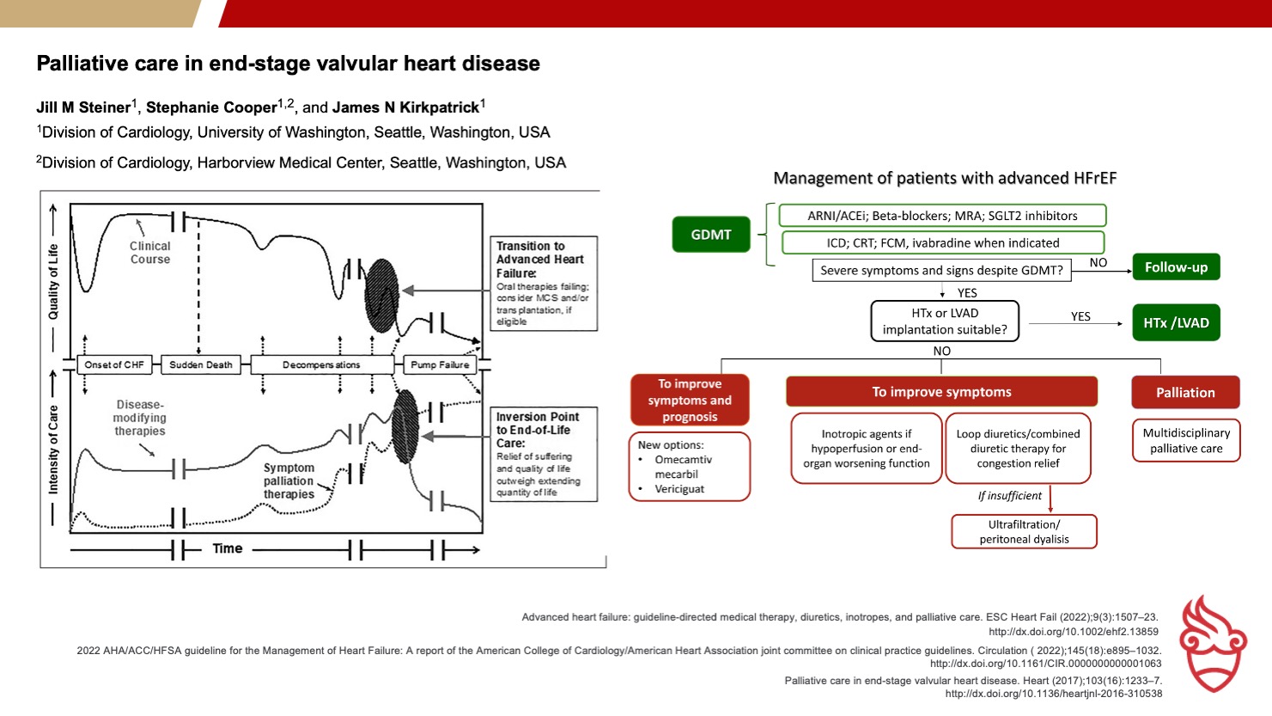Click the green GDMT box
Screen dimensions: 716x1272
coord(711,235)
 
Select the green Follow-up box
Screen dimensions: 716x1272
coord(1176,267)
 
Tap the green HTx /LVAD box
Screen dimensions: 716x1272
coord(1176,323)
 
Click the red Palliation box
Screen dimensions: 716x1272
coord(1185,393)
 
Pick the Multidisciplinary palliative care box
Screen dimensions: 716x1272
coord(1186,441)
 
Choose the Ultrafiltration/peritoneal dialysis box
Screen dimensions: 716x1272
coord(1024,531)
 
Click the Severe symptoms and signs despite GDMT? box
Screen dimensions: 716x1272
coord(941,270)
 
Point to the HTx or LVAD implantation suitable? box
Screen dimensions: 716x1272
coord(945,321)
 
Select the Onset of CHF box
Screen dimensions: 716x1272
coord(114,364)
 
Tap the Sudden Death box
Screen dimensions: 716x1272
coord(201,364)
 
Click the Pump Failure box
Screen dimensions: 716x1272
coord(440,364)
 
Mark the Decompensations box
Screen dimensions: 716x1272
coord(321,364)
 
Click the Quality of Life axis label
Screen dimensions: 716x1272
coord(53,282)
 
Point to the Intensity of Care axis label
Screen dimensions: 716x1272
coord(53,449)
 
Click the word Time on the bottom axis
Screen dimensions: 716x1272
coord(228,548)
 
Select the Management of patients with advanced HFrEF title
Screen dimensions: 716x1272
coord(945,179)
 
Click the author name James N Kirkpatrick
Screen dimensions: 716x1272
coord(405,107)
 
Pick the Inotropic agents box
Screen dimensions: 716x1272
coord(867,449)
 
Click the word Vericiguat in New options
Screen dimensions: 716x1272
coord(679,489)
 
